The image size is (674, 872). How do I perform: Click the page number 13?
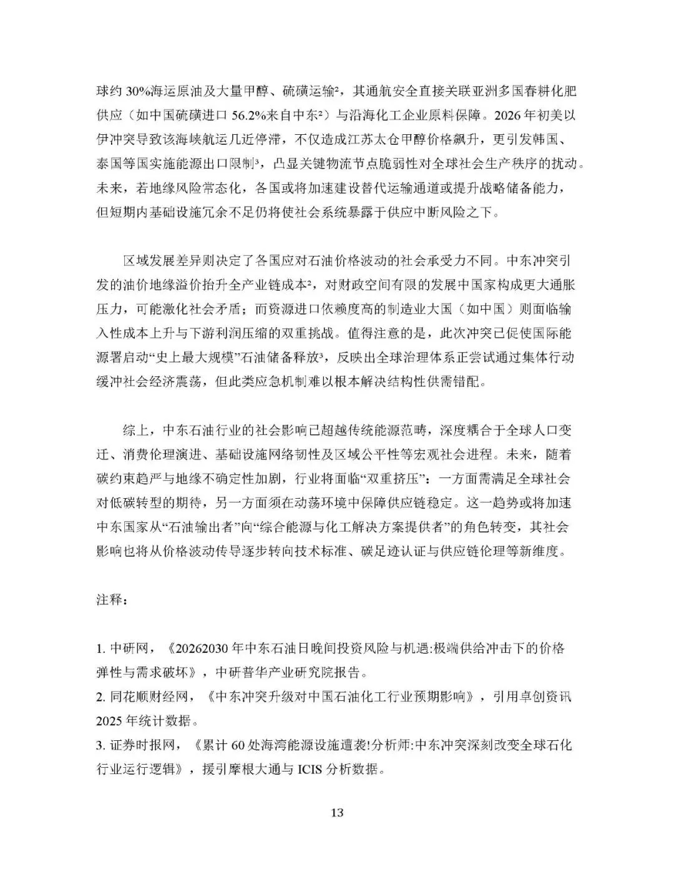pyautogui.click(x=337, y=812)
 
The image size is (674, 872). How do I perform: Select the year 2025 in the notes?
pyautogui.click(x=110, y=721)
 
